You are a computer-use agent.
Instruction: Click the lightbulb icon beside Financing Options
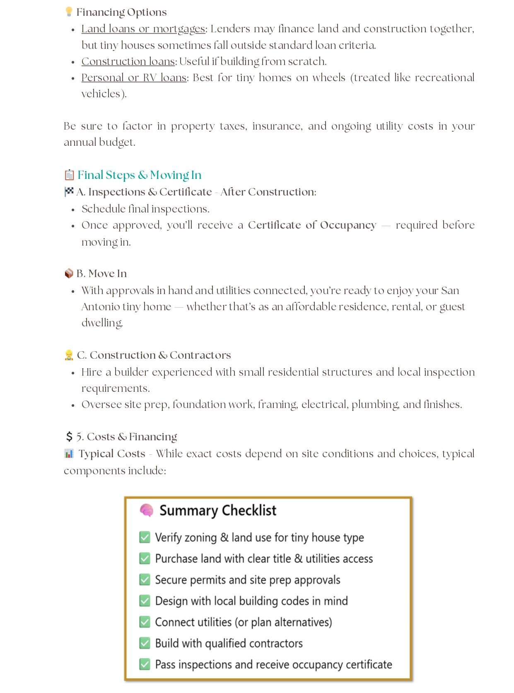point(69,12)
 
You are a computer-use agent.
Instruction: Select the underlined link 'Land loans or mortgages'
point(143,29)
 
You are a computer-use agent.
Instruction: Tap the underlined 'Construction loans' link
point(128,61)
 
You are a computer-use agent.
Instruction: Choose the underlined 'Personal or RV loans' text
point(134,77)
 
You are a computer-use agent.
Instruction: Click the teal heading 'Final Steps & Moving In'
point(139,175)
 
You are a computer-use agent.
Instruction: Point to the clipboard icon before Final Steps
point(69,175)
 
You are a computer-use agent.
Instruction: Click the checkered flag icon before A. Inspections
point(69,191)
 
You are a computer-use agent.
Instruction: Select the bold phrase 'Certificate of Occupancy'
point(312,225)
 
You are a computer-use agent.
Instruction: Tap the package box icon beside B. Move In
point(69,273)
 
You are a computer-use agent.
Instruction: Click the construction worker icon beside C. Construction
point(69,355)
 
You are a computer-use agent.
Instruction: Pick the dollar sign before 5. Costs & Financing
point(69,437)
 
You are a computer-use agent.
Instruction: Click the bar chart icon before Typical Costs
point(69,454)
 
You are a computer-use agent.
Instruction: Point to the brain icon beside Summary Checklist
point(146,510)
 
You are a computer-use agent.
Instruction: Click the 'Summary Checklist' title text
point(218,510)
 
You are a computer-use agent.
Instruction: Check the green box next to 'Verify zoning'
point(145,537)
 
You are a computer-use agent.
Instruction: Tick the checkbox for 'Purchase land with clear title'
point(145,558)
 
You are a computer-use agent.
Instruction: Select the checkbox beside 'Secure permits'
point(145,580)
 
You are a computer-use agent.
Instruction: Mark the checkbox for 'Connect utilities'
point(145,622)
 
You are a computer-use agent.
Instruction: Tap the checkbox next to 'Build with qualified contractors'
point(145,643)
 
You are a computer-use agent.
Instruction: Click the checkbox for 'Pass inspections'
point(145,664)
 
